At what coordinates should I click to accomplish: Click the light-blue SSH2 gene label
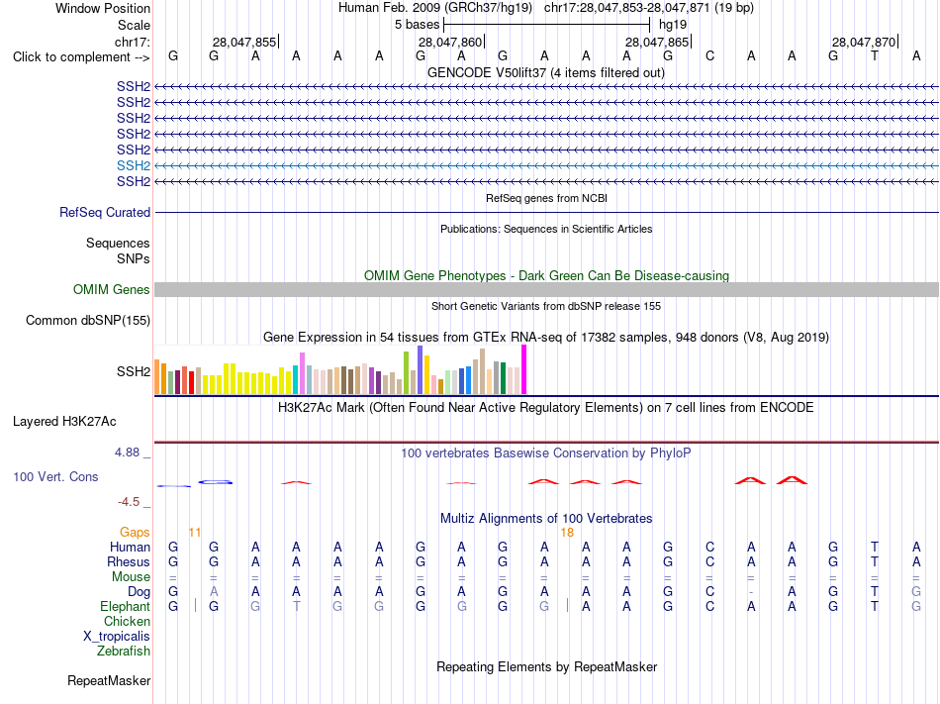pos(134,165)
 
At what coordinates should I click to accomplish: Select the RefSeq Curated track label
pos(105,212)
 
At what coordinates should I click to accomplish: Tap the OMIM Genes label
pos(112,290)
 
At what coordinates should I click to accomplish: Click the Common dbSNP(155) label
pos(88,320)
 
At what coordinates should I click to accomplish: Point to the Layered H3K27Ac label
pos(64,422)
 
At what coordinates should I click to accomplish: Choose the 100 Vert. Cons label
pos(55,476)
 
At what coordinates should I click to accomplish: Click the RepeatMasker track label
pos(109,680)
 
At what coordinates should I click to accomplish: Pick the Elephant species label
pos(125,606)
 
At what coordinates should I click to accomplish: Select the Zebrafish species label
pos(124,651)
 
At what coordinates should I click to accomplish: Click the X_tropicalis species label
pos(117,637)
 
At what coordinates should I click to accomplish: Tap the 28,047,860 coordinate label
pos(450,42)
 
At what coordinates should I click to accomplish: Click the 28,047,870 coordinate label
pos(864,42)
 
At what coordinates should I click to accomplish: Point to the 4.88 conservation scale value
pos(127,453)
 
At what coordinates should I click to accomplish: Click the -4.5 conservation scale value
pos(129,501)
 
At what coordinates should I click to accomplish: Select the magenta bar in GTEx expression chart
pos(524,369)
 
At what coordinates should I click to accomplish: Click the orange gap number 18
pos(567,533)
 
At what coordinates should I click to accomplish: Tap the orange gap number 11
pos(195,533)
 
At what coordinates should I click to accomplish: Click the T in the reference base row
pos(875,56)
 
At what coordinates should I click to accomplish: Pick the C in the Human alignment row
pos(709,547)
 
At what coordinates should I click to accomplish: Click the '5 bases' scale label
pos(417,25)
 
